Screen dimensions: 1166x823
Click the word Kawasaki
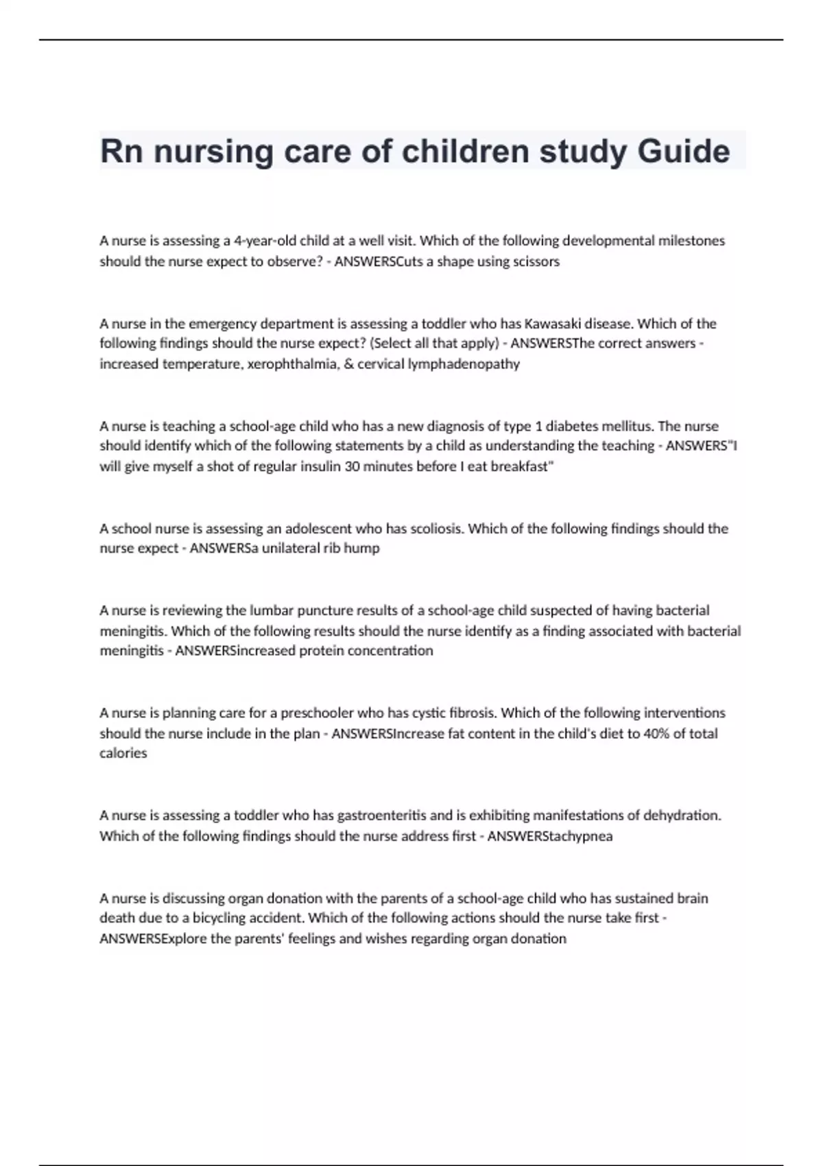point(552,324)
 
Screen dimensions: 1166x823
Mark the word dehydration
point(682,816)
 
